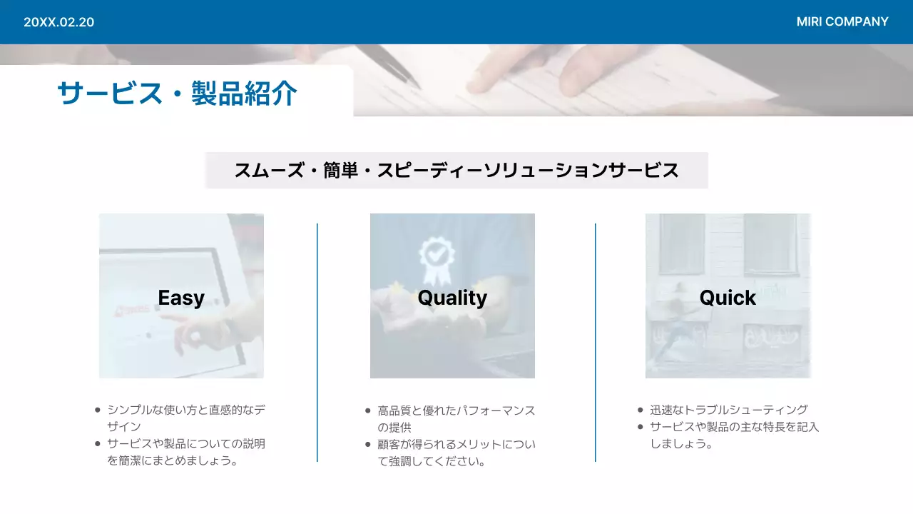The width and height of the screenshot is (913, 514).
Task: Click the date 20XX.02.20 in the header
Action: click(x=58, y=22)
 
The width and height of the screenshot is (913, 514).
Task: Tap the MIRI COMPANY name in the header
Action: click(x=842, y=21)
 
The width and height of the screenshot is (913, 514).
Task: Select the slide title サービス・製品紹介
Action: click(x=177, y=94)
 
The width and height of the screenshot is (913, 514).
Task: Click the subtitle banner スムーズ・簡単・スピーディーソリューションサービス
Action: click(x=456, y=171)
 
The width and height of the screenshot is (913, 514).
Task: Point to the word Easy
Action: click(x=181, y=298)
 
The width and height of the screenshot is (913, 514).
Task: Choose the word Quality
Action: click(x=452, y=298)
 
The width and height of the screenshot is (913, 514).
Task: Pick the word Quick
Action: click(x=728, y=298)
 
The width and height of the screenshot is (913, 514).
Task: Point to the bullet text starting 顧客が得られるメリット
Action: click(x=456, y=453)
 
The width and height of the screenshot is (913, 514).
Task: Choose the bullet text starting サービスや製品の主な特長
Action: click(x=734, y=435)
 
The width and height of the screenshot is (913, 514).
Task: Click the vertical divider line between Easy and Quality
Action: click(x=317, y=343)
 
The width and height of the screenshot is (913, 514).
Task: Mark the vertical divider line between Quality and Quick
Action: click(x=596, y=343)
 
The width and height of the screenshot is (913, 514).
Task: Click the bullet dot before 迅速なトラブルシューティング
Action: click(x=641, y=410)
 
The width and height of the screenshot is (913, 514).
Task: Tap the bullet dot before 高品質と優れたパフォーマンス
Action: click(x=368, y=410)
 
